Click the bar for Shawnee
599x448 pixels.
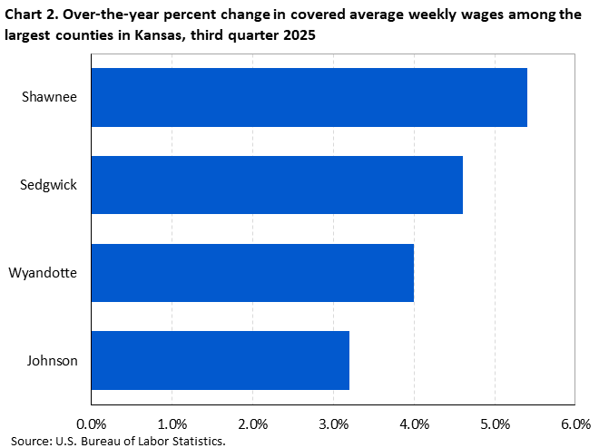309,97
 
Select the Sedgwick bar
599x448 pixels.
277,185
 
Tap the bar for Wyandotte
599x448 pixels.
252,272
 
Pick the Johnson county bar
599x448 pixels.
221,360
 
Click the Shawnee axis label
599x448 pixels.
50,97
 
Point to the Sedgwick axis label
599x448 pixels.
49,185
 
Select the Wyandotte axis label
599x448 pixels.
44,272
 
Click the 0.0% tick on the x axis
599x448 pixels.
92,424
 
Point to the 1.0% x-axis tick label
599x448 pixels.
172,424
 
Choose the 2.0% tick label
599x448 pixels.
253,424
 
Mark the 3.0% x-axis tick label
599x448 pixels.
333,424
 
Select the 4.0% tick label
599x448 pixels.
414,424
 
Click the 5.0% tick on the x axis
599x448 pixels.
495,424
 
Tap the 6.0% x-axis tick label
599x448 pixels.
575,424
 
